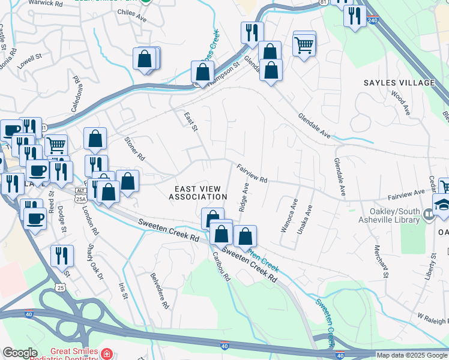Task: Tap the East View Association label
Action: point(198,193)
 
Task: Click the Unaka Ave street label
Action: point(306,219)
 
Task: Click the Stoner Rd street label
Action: point(134,149)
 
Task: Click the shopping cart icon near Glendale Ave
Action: point(304,44)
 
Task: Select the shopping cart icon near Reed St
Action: point(55,145)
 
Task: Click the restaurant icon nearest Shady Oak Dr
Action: point(62,256)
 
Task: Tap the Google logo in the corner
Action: point(20,353)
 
